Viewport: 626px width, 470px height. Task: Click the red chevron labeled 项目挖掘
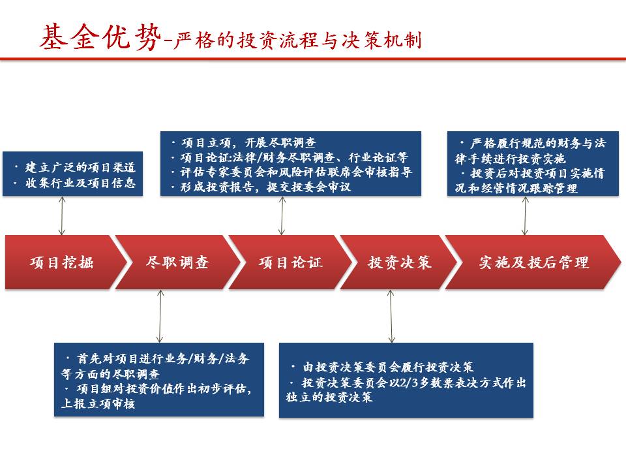coord(62,262)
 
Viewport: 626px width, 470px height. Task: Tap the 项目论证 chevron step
coord(290,262)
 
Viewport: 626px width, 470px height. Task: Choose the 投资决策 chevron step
coord(399,262)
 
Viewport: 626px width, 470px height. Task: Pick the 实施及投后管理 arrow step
coord(533,262)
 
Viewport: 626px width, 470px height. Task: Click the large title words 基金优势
coord(100,37)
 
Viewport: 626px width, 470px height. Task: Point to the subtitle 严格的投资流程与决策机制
coord(297,40)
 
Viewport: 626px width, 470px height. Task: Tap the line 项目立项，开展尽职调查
coord(248,143)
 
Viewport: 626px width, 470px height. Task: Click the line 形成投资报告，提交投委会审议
coord(265,187)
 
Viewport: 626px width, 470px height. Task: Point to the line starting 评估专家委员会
coord(296,172)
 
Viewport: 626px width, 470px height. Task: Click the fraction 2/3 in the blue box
coord(408,383)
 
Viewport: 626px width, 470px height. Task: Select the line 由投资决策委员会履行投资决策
coord(388,367)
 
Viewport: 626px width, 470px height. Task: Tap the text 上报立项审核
coord(98,403)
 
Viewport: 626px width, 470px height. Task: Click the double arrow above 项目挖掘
coord(62,215)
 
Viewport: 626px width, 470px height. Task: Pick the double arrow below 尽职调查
coord(160,316)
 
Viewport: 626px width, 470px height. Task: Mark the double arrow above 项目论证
coord(282,215)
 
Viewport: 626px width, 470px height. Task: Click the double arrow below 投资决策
coord(391,316)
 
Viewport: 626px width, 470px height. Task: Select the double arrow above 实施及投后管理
coord(525,215)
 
